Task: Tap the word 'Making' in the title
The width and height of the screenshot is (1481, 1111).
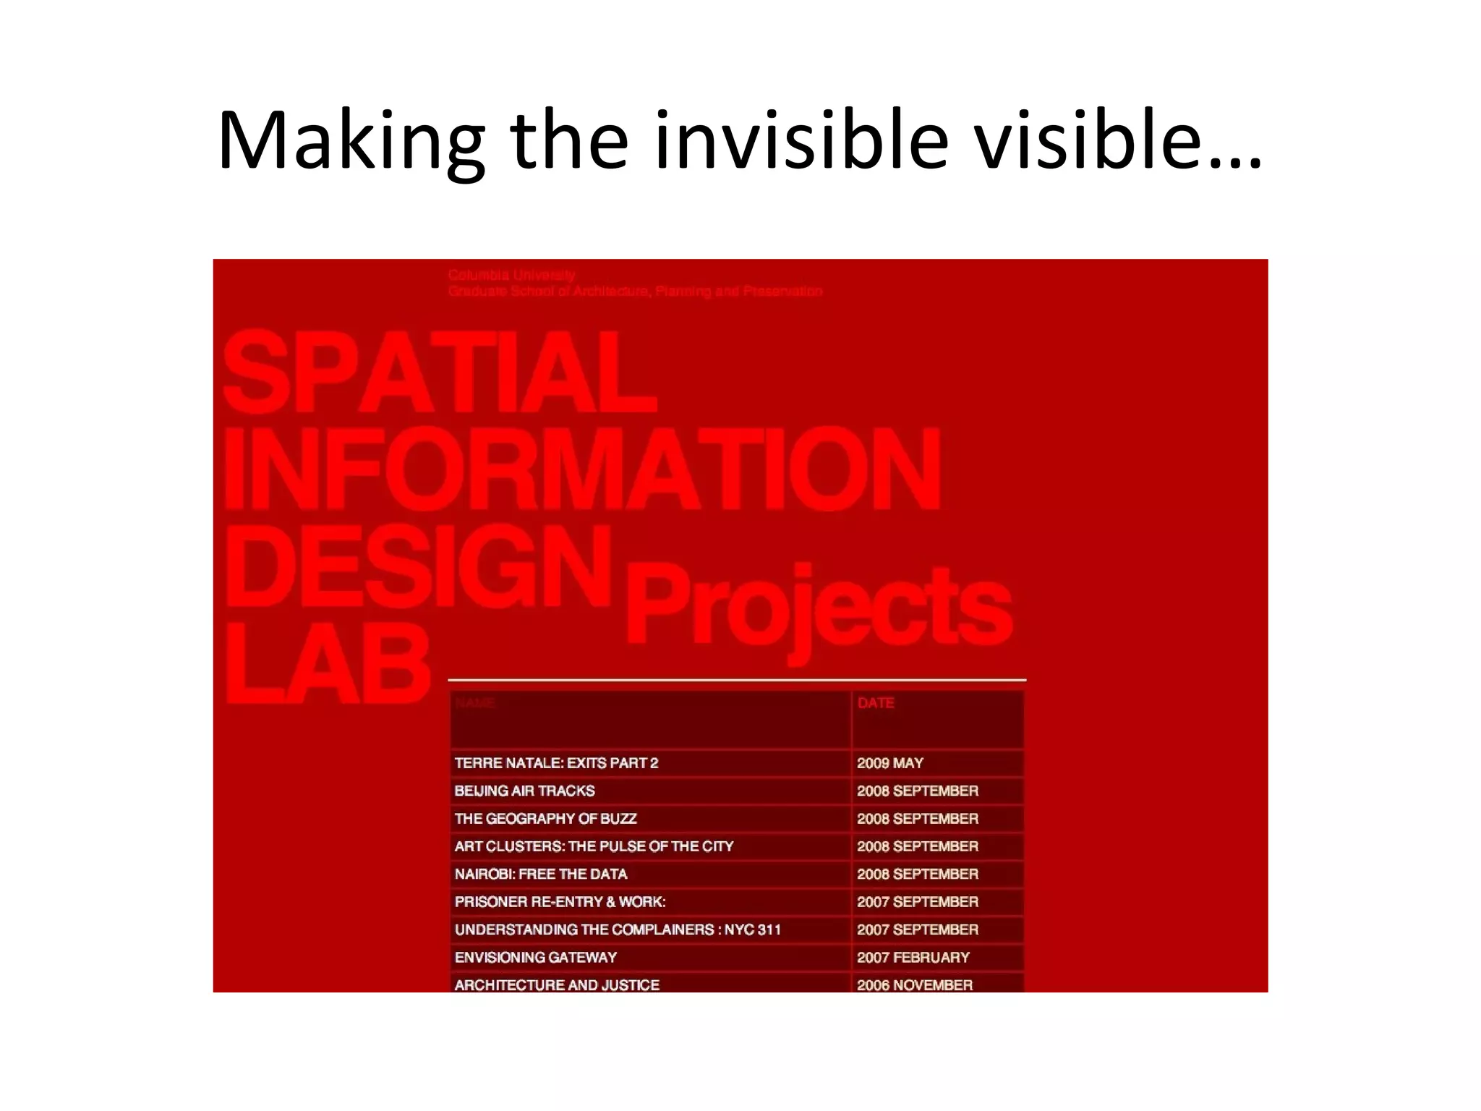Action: tap(351, 141)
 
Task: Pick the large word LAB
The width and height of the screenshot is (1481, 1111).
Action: tap(329, 663)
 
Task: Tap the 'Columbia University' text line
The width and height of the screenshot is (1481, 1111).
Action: tap(511, 275)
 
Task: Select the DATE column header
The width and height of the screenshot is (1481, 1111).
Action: tap(876, 703)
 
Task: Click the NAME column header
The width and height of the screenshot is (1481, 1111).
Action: tap(475, 703)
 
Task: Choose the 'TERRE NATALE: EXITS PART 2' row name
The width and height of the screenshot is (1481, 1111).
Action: tap(556, 763)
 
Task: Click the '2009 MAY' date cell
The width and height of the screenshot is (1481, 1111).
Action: tap(890, 763)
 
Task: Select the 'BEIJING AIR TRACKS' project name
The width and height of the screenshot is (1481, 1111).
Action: tap(524, 791)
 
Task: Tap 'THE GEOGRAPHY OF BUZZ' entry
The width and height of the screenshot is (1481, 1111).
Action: tap(545, 819)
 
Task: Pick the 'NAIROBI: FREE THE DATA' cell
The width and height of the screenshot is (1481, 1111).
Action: tap(541, 874)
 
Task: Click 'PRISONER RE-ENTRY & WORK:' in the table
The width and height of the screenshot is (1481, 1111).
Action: tap(560, 902)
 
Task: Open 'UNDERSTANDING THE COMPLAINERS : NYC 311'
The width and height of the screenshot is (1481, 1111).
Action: tap(618, 929)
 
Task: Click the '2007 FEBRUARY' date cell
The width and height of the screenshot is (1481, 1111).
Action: tap(913, 958)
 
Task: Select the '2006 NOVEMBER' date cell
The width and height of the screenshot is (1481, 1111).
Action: tap(915, 984)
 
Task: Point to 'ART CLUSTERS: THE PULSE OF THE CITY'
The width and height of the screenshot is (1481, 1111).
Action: tap(594, 846)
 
